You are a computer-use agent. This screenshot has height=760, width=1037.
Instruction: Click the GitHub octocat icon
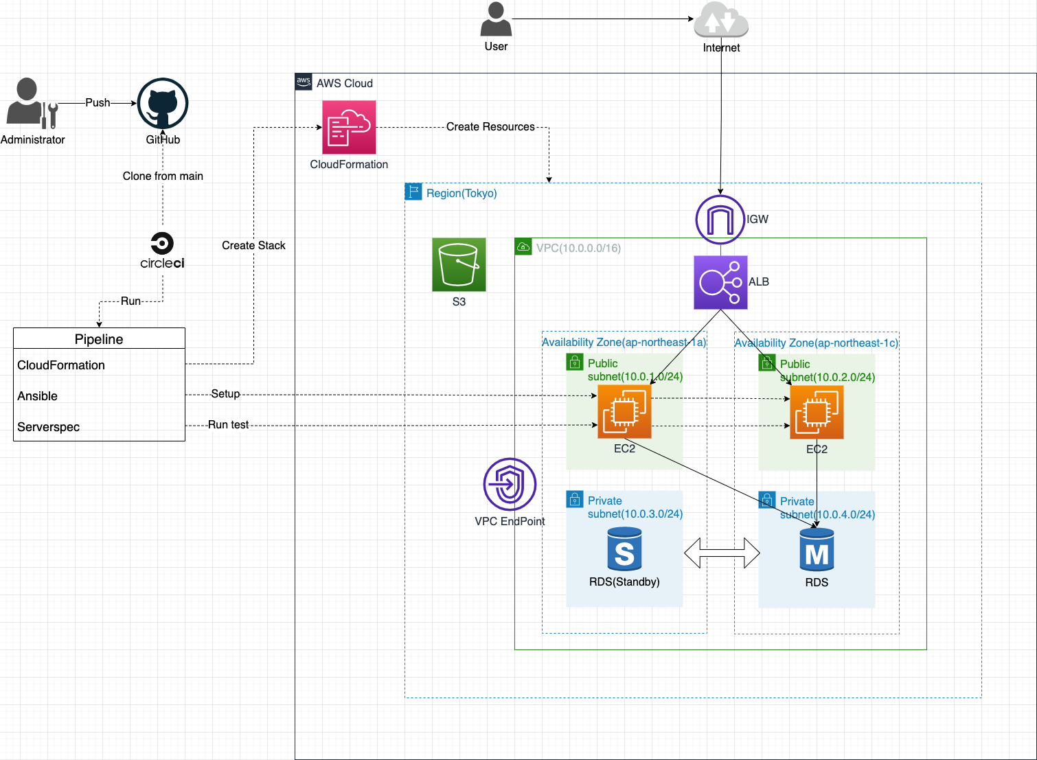click(163, 104)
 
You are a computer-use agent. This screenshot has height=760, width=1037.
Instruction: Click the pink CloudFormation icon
click(349, 128)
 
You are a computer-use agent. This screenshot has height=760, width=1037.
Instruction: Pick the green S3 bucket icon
click(459, 264)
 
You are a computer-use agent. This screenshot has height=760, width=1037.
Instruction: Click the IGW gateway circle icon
click(720, 220)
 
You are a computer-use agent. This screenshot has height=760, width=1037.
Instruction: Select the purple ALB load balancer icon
click(720, 282)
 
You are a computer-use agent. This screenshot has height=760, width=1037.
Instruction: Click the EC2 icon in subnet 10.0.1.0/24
click(624, 411)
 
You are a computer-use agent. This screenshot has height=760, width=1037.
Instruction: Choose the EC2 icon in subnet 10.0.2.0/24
click(817, 412)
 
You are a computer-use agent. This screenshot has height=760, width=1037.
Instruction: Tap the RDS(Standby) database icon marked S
click(624, 549)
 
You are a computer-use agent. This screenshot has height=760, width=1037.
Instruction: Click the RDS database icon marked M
click(817, 550)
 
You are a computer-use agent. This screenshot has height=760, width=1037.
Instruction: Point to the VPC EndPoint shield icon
click(510, 484)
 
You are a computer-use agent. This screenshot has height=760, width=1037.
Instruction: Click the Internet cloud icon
click(720, 20)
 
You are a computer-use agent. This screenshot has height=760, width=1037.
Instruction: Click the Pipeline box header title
click(99, 339)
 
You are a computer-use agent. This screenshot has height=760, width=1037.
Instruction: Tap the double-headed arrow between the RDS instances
click(722, 553)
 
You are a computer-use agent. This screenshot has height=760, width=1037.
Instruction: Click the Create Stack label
click(253, 246)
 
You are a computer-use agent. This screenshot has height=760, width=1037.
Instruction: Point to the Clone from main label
click(163, 176)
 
